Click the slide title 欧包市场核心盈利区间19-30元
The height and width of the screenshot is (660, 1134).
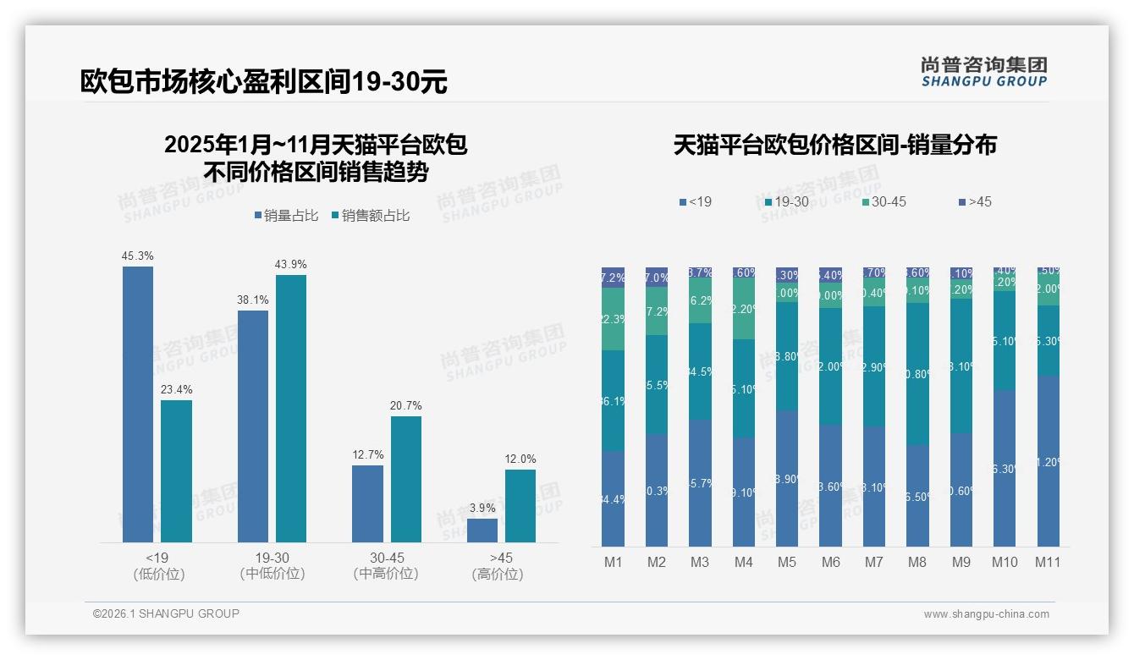pyautogui.click(x=263, y=81)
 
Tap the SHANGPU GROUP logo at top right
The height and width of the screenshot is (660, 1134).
pyautogui.click(x=983, y=71)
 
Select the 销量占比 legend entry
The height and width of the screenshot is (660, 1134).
pyautogui.click(x=286, y=216)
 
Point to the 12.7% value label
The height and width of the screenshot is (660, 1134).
pyautogui.click(x=367, y=455)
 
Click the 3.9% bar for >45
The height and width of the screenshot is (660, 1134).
pyautogui.click(x=482, y=531)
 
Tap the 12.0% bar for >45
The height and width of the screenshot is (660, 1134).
pyautogui.click(x=520, y=506)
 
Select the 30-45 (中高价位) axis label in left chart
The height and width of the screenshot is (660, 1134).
pyautogui.click(x=386, y=566)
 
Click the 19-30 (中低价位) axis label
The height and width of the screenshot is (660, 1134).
pyautogui.click(x=272, y=566)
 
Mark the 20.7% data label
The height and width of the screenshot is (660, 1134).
pyautogui.click(x=406, y=406)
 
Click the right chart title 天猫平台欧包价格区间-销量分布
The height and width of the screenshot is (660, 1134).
pyautogui.click(x=834, y=145)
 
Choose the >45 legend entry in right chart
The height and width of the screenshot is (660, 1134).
pyautogui.click(x=976, y=201)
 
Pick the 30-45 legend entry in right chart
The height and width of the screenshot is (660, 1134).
pyautogui.click(x=884, y=201)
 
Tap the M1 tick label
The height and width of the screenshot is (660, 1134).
pyautogui.click(x=613, y=562)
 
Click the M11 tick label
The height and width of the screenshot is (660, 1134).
pyautogui.click(x=1048, y=562)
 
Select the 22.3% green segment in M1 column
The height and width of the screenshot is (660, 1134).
pyautogui.click(x=613, y=319)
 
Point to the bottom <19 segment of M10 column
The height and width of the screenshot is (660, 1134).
pyautogui.click(x=1004, y=469)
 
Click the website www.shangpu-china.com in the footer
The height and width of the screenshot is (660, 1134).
pyautogui.click(x=986, y=614)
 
